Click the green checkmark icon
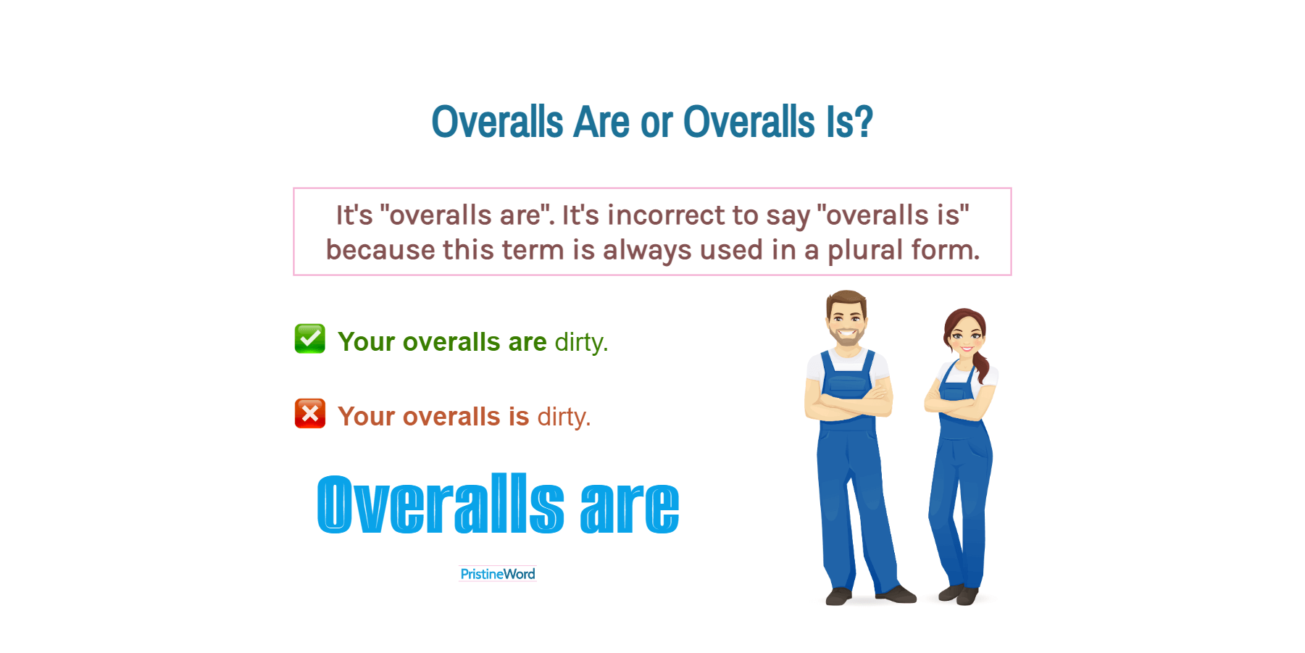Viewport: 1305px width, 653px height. [309, 338]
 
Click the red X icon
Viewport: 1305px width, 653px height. [309, 413]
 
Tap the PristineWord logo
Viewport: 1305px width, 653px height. [497, 574]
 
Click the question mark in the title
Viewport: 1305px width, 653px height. [863, 122]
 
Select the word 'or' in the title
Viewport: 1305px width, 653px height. [656, 122]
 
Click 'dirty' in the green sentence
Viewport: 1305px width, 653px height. [580, 342]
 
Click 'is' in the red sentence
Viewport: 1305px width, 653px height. [519, 417]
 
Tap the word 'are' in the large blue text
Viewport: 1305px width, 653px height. [629, 505]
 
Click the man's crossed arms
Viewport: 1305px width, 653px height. [849, 403]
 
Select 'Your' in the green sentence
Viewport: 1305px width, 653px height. [366, 342]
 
